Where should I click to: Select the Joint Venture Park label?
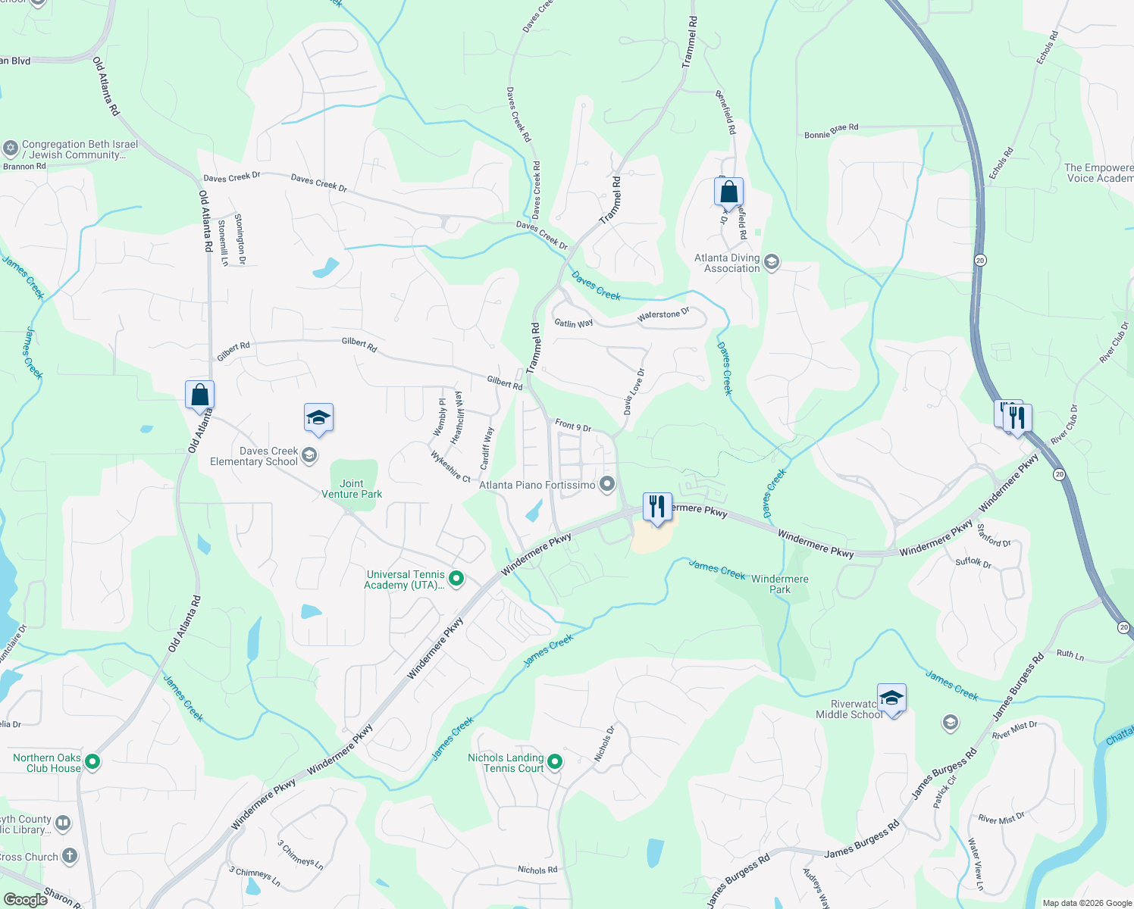[352, 489]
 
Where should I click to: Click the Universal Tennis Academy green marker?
[456, 579]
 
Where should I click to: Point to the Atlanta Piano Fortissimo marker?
[606, 484]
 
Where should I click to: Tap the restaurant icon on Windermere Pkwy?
[657, 506]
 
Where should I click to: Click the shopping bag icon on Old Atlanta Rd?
[200, 395]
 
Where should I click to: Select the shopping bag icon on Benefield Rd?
[728, 192]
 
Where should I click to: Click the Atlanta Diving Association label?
[727, 263]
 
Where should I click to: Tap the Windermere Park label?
[779, 584]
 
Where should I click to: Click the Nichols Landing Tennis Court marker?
[555, 761]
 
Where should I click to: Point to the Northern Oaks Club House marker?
[92, 761]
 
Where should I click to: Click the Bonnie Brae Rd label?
[831, 131]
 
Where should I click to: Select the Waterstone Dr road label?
[663, 314]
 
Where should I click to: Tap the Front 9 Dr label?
[573, 426]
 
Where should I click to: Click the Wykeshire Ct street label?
[450, 467]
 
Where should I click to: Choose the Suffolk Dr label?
[973, 562]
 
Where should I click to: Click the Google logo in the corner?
[25, 900]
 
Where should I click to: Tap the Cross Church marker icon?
[70, 856]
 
